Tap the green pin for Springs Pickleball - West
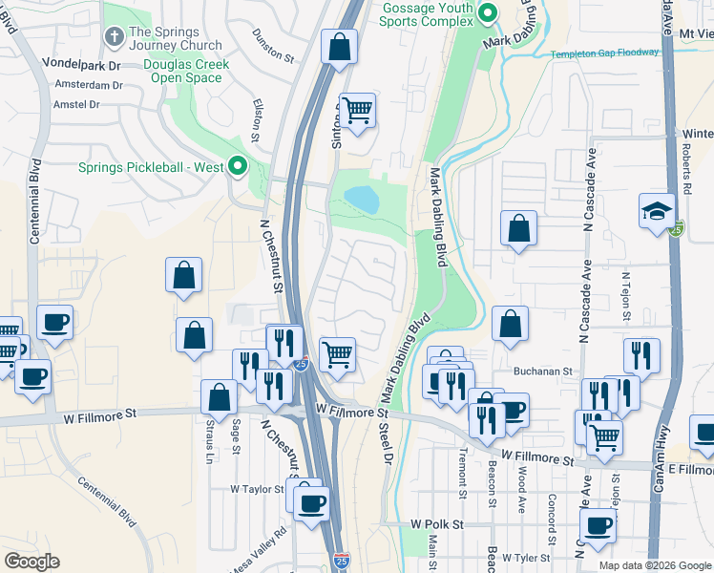(x=238, y=166)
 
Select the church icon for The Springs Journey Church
(x=114, y=37)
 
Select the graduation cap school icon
(x=658, y=211)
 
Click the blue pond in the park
(x=361, y=199)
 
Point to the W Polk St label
(x=436, y=524)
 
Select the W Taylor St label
(x=257, y=488)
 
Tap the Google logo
(x=31, y=562)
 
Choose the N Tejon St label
(x=626, y=292)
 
